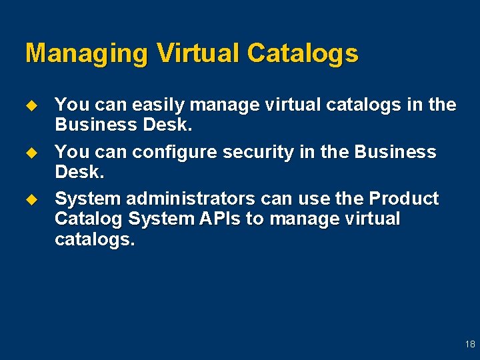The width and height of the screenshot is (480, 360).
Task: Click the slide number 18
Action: (470, 344)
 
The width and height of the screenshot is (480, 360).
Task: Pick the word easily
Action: (159, 105)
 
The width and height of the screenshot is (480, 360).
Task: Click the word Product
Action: (404, 199)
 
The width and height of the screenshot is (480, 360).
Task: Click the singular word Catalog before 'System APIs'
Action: (89, 219)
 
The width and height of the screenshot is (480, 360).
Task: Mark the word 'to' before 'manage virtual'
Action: (255, 219)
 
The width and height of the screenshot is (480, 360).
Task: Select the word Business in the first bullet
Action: (97, 125)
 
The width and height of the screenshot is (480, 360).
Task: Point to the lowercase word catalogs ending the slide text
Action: (94, 239)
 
